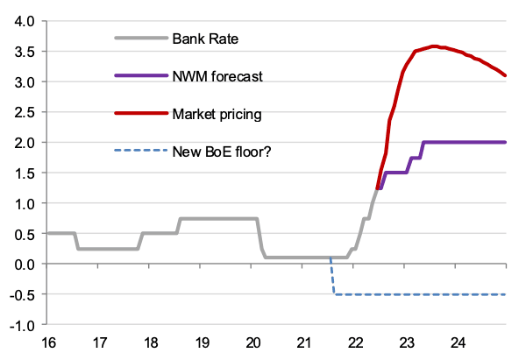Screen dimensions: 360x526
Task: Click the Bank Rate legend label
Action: click(205, 39)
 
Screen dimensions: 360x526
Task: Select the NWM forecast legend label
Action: click(217, 76)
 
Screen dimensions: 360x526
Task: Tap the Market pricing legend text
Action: click(217, 114)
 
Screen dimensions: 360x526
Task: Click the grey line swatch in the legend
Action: click(139, 39)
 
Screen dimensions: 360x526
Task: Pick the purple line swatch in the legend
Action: click(139, 76)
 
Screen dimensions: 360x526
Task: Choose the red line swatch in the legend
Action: click(139, 114)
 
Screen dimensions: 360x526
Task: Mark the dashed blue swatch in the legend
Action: click(139, 151)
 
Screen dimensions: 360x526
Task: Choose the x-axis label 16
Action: click(49, 342)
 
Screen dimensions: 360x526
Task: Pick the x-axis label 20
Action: click(253, 342)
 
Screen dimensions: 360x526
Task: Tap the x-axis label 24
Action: click(457, 342)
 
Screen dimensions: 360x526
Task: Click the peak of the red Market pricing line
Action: click(434, 46)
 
